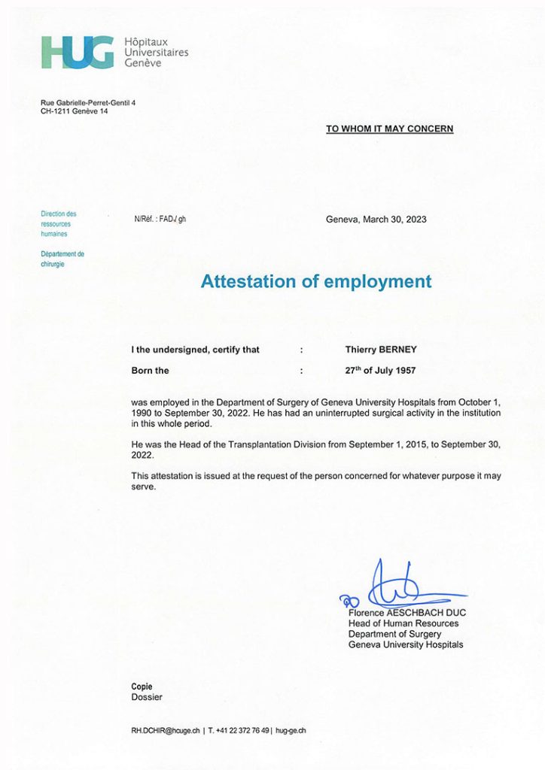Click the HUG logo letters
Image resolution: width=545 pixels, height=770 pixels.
(78, 52)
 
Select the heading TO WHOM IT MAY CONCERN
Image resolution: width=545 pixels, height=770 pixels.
(389, 129)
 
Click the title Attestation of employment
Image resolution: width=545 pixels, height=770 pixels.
(316, 282)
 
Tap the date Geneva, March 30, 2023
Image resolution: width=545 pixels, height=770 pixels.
(376, 220)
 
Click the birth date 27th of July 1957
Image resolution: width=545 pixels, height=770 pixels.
(380, 371)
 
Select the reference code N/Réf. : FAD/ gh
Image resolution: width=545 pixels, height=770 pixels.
(160, 220)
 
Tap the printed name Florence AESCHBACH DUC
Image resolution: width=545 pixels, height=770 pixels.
(407, 613)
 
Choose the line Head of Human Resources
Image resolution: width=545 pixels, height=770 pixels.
(403, 623)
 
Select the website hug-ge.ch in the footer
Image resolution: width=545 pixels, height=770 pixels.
(291, 730)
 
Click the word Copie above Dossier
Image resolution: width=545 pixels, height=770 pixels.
(142, 687)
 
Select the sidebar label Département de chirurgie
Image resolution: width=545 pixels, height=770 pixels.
(62, 259)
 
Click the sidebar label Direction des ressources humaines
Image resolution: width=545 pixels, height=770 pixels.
(59, 224)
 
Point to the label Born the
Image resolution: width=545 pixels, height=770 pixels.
(151, 371)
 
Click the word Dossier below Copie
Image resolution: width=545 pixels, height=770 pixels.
(147, 697)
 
